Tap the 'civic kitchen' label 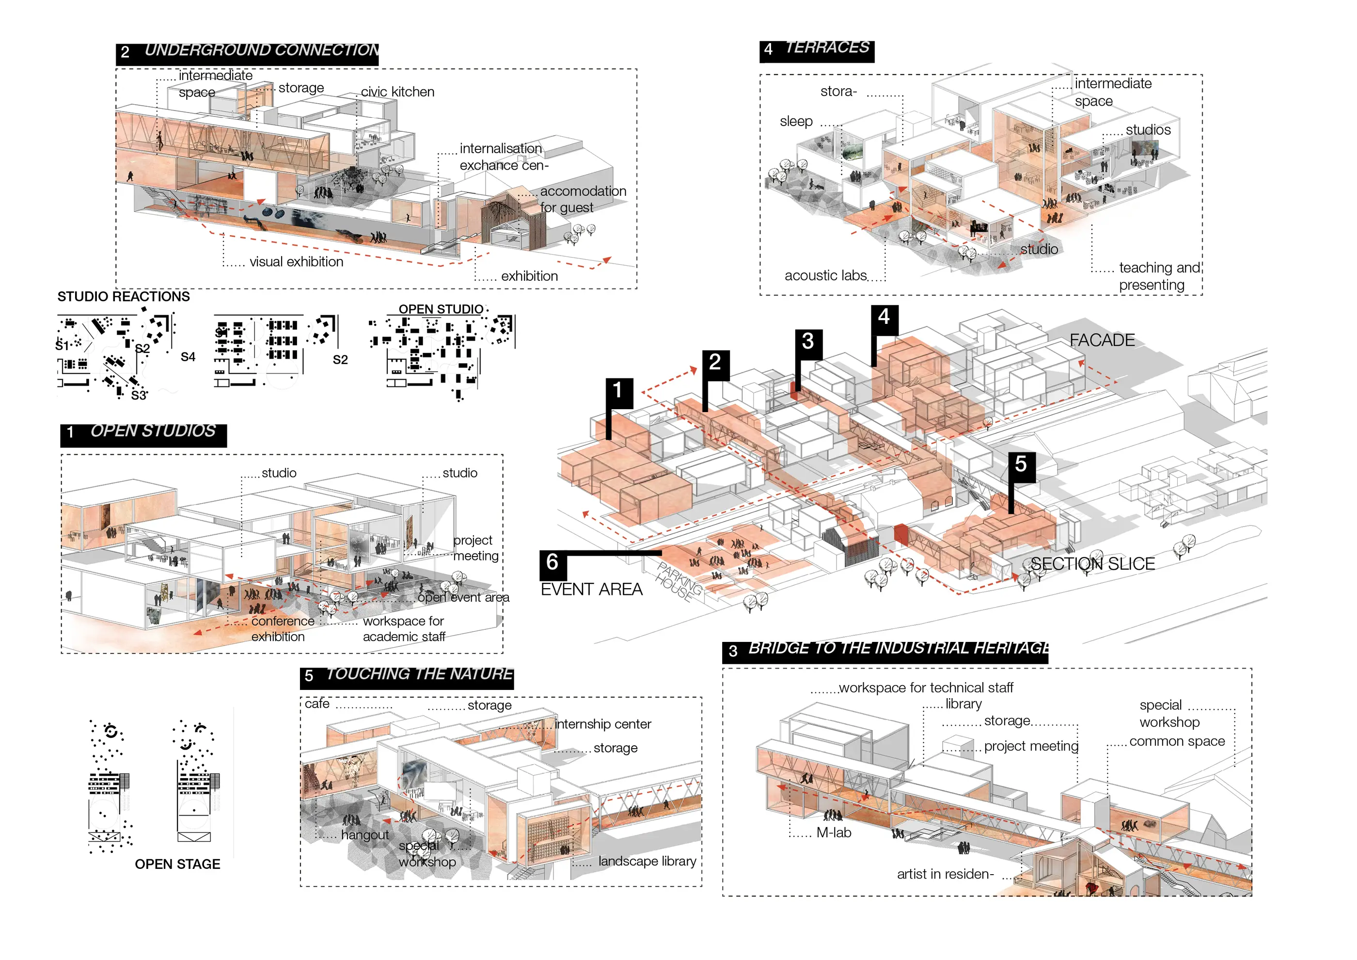[397, 92]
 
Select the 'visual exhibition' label [296, 262]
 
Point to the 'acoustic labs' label [825, 275]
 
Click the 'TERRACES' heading [827, 48]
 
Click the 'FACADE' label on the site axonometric [1102, 340]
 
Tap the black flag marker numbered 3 [808, 342]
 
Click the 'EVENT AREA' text [591, 590]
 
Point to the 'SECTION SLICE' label [1092, 564]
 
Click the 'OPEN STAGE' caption [177, 864]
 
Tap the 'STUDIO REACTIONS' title [124, 297]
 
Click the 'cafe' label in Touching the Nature [317, 704]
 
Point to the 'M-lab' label [834, 833]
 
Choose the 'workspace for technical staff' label [926, 688]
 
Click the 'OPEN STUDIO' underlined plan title [441, 309]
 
